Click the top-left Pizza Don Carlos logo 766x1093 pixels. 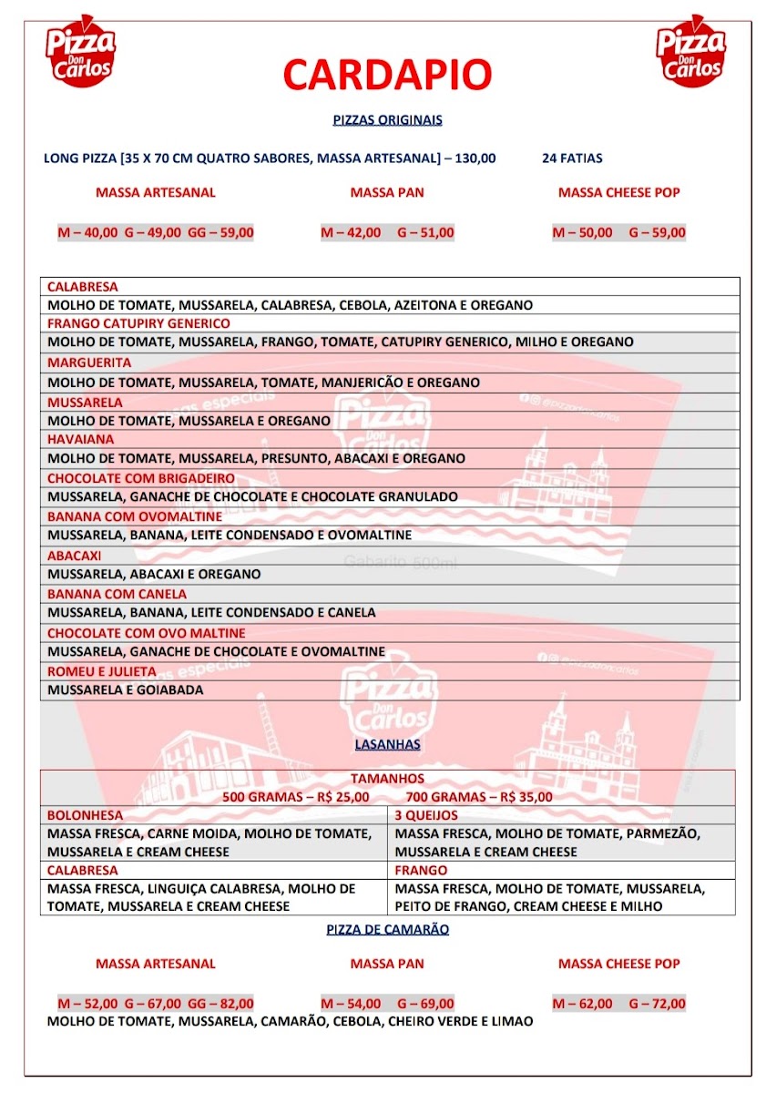click(x=80, y=52)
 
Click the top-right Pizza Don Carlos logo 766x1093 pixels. click(x=690, y=52)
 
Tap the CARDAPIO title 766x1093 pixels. click(x=387, y=75)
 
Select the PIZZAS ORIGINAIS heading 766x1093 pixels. click(x=387, y=119)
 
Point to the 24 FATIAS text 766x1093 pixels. click(x=572, y=158)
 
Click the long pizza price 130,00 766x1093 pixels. click(x=475, y=158)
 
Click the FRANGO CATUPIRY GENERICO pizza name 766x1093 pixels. click(x=138, y=323)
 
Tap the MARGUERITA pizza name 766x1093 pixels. click(x=85, y=363)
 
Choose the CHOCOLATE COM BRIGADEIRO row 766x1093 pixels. click(x=141, y=478)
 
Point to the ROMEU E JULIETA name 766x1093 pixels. click(x=102, y=671)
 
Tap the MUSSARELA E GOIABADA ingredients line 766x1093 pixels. click(x=126, y=690)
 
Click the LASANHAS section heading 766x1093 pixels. click(x=387, y=744)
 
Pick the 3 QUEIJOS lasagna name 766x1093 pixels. click(x=427, y=815)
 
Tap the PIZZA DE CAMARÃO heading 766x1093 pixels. click(x=387, y=930)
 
